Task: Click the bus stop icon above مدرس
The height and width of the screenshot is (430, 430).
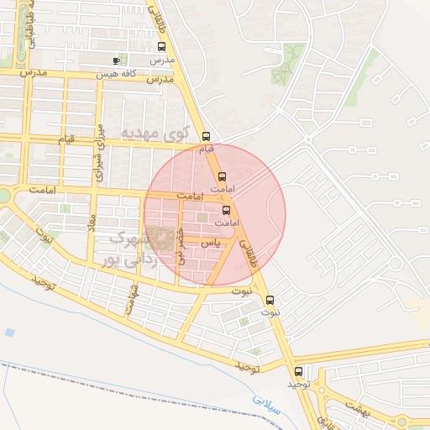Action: coord(162,47)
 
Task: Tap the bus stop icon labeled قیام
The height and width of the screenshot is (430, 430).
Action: coord(207,135)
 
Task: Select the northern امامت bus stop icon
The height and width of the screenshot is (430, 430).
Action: coord(223,176)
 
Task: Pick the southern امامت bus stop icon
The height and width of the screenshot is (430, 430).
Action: coord(226,210)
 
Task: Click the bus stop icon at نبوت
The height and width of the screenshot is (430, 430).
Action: coord(270,300)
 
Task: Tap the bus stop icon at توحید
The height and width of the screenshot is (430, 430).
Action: coord(298,371)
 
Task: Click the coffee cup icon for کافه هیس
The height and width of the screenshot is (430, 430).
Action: coord(117,60)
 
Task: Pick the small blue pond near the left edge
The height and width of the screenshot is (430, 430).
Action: coord(9,333)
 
